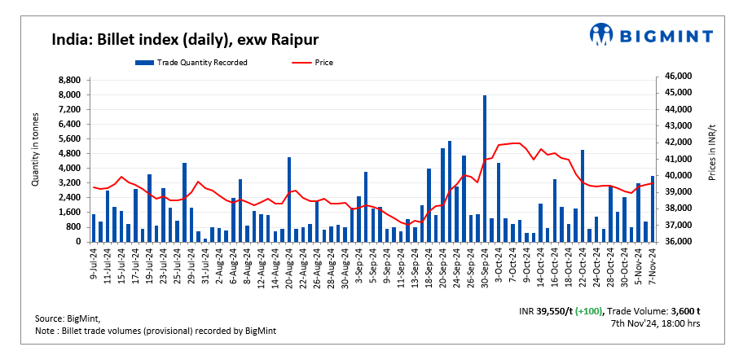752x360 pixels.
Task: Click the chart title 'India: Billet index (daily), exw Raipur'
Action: click(x=185, y=39)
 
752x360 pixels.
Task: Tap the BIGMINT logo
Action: click(x=651, y=34)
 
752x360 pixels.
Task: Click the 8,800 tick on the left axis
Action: click(x=68, y=80)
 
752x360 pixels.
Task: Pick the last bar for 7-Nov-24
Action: click(x=652, y=209)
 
